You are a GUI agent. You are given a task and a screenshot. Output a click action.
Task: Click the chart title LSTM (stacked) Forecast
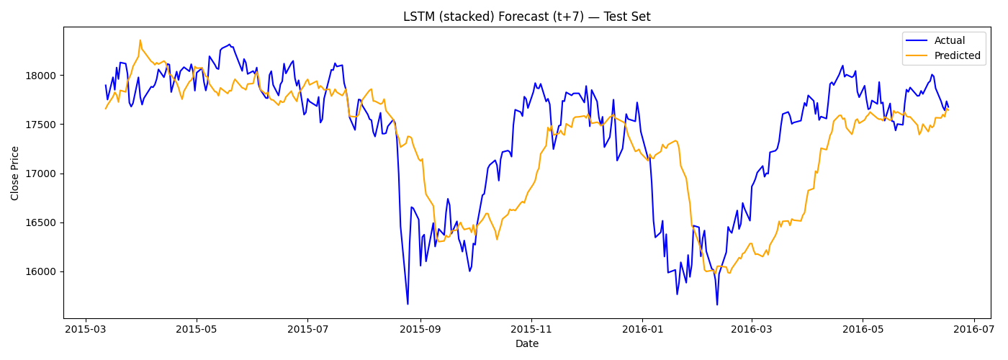[526, 17]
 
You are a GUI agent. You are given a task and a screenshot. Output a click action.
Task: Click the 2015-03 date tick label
[86, 329]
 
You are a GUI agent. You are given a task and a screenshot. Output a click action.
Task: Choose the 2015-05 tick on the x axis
[197, 329]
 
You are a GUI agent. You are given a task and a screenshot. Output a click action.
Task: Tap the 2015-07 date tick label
[307, 329]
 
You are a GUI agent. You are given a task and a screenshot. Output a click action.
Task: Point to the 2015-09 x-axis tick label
[420, 329]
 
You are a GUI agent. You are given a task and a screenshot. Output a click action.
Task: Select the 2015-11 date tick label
[531, 329]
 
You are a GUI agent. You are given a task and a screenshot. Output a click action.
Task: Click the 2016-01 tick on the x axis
[642, 329]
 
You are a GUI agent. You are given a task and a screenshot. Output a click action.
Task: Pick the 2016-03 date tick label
[751, 329]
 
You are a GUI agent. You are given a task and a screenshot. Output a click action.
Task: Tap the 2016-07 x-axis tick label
[973, 329]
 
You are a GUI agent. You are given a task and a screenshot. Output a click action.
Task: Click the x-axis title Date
[526, 344]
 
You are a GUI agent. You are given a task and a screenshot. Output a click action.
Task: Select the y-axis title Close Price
[15, 172]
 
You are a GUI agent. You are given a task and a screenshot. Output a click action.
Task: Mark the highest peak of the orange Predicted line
[140, 40]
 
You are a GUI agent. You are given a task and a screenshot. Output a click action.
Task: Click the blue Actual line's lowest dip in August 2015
[408, 304]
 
